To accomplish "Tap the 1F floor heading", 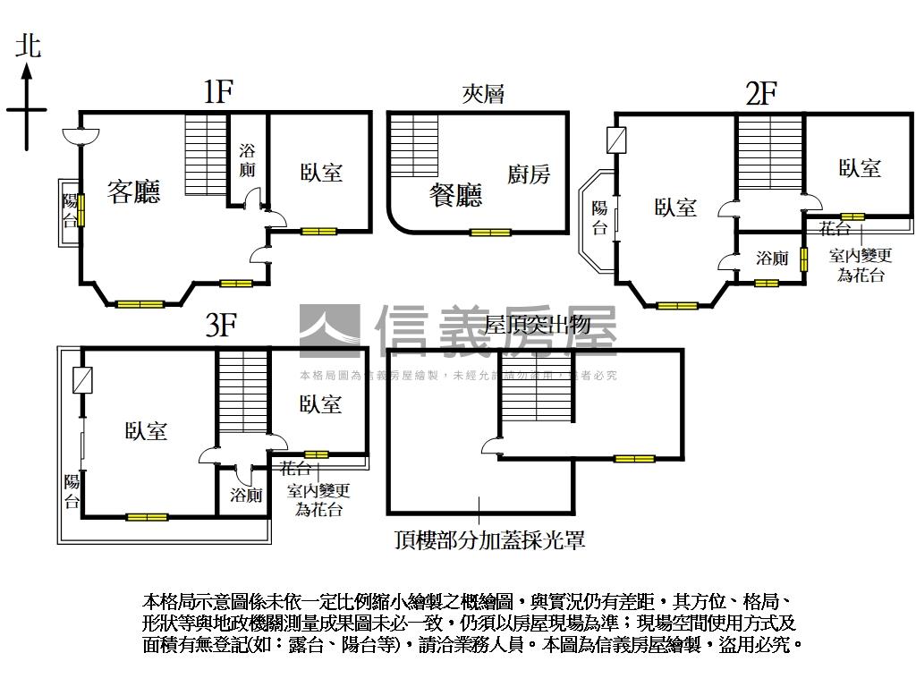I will point(217,91).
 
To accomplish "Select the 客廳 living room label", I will point(134,191).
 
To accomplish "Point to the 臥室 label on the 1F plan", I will point(321,172).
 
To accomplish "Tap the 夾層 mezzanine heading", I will point(483,93).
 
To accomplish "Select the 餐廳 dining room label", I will point(455,194).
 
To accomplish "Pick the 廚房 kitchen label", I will point(529,174).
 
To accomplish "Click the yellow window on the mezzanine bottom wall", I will point(490,233).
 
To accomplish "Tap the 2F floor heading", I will point(760,92).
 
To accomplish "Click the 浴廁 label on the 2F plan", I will point(772,259).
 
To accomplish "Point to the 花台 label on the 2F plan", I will point(835,229).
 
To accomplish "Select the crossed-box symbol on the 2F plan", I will point(616,140).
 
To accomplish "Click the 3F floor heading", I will point(220,325).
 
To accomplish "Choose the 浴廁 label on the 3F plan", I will point(245,495).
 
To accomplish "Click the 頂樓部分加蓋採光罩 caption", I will point(489,539).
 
